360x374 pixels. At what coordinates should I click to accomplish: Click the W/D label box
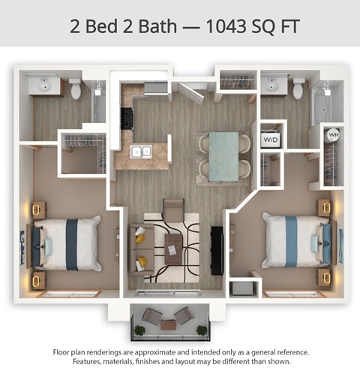270,139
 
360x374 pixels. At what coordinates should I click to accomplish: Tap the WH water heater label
334,136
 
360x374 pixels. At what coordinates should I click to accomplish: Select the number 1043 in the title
223,27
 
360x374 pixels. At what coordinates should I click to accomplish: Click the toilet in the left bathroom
75,88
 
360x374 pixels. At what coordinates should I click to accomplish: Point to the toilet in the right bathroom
298,88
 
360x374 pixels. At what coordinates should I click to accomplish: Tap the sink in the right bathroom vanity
271,85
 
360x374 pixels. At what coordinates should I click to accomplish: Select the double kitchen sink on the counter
141,152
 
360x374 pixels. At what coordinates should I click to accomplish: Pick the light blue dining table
223,155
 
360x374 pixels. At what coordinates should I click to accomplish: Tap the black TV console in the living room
217,249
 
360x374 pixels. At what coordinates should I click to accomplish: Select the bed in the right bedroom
295,240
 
